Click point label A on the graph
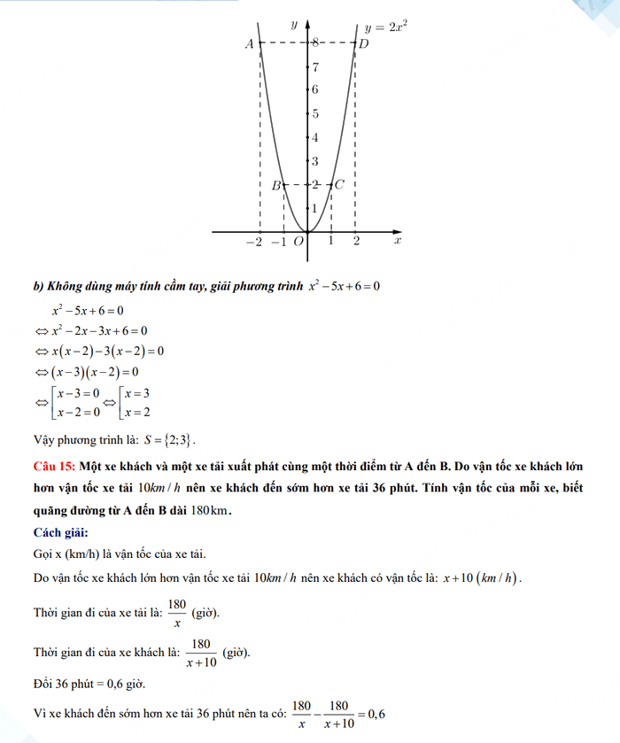pyautogui.click(x=250, y=43)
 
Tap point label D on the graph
pyautogui.click(x=362, y=43)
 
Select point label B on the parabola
pyautogui.click(x=275, y=185)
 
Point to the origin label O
pyautogui.click(x=298, y=241)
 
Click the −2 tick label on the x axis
pyautogui.click(x=255, y=241)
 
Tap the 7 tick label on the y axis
pyautogui.click(x=315, y=66)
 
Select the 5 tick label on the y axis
pyautogui.click(x=315, y=113)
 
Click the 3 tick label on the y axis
pyautogui.click(x=315, y=161)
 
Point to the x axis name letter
pyautogui.click(x=398, y=240)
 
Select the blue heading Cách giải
pyautogui.click(x=60, y=531)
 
